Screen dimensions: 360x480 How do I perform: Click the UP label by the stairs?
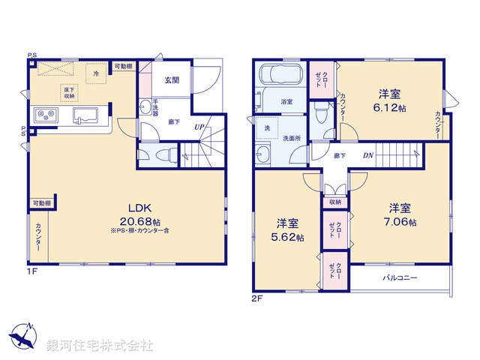200,127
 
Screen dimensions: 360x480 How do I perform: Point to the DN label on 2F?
369,155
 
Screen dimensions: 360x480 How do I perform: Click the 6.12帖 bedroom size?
388,109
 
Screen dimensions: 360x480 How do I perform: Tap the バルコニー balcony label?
400,277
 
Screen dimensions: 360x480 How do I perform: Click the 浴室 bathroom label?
286,100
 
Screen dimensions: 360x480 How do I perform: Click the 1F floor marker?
32,272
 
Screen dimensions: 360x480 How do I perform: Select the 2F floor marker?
257,298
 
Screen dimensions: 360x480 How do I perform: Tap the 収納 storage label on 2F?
334,201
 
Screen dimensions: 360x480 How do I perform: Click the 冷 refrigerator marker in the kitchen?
97,73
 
